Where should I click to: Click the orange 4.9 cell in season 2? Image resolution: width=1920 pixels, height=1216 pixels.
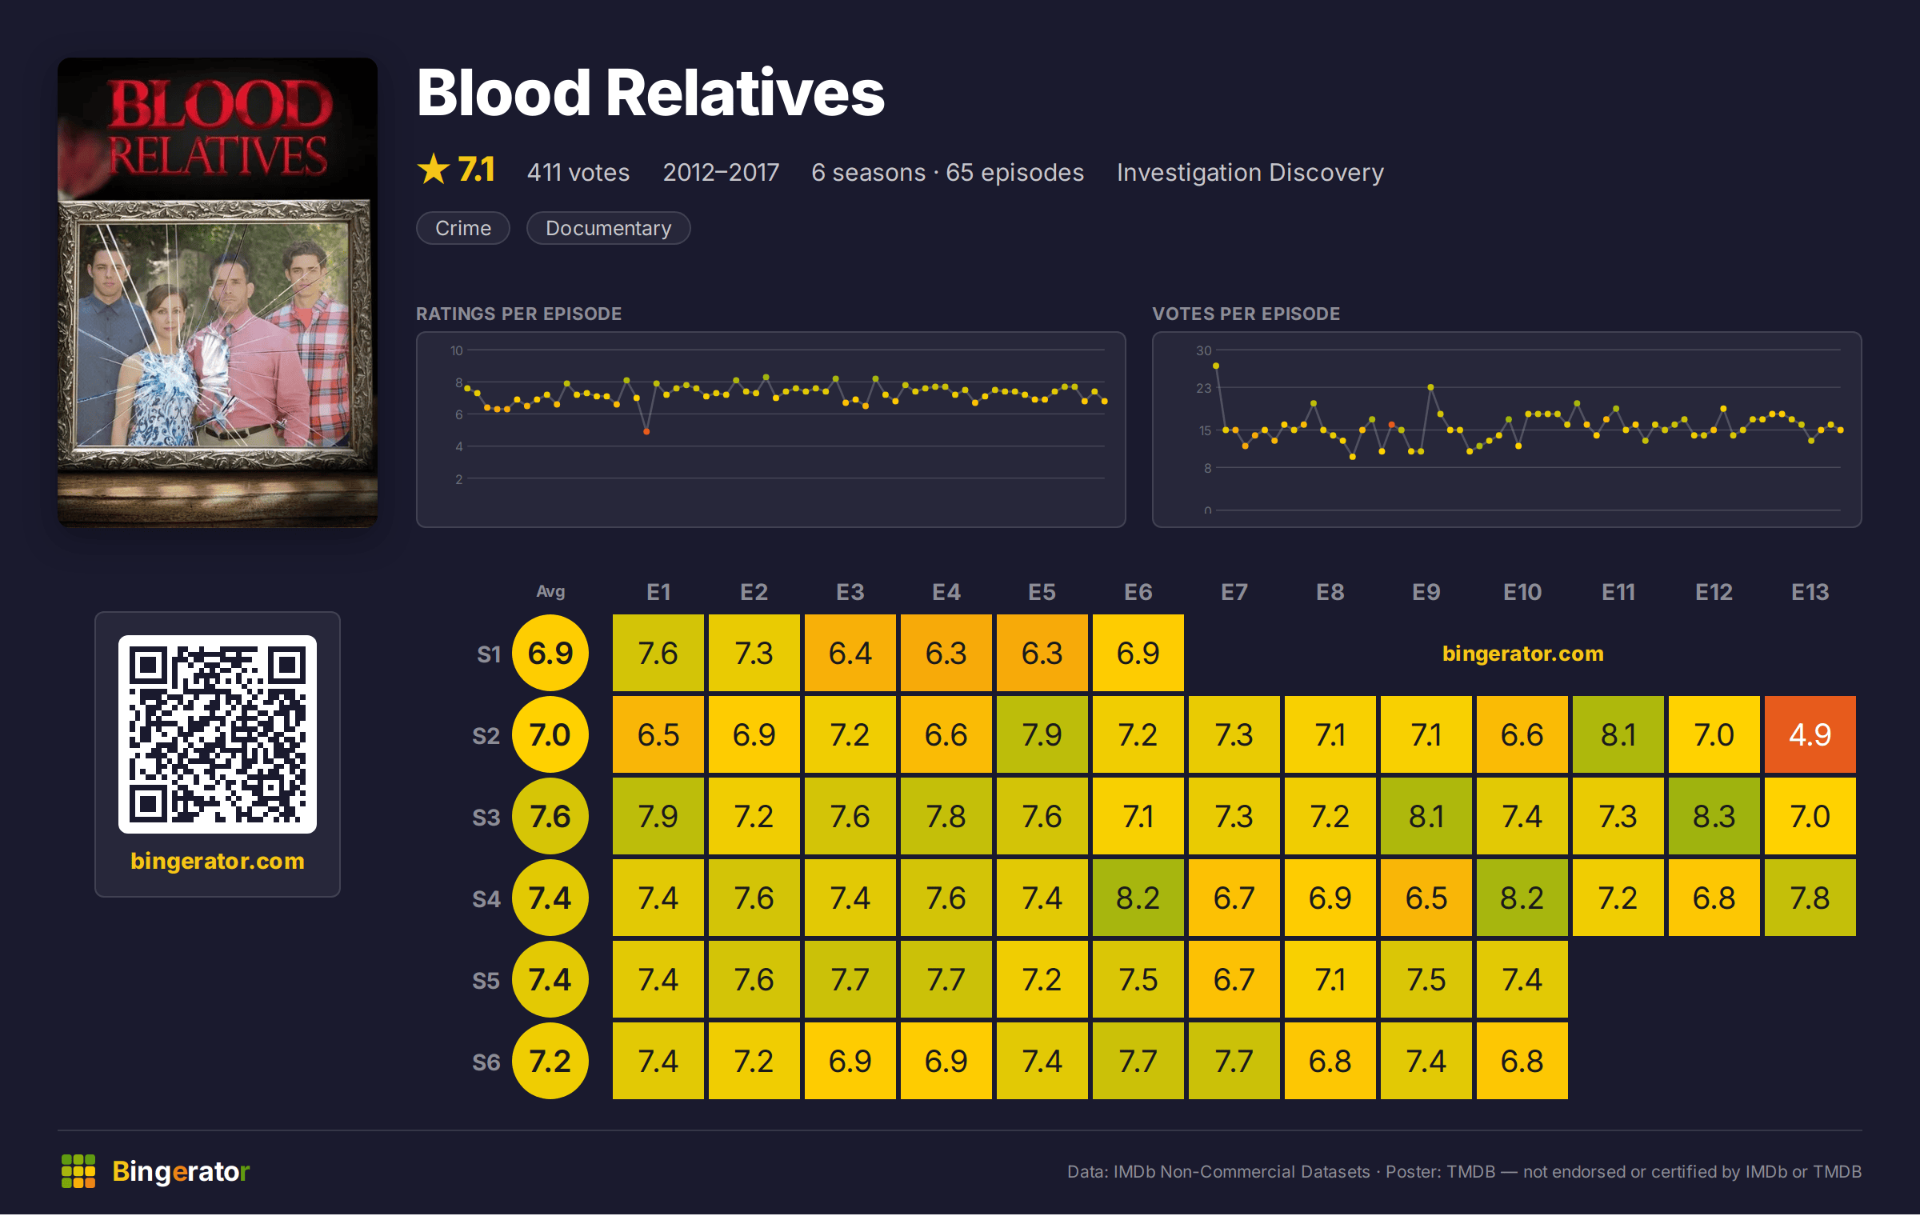tap(1810, 734)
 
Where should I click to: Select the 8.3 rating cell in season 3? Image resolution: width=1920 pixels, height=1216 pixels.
tap(1714, 816)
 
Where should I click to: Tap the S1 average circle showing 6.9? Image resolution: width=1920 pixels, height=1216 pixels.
tap(550, 653)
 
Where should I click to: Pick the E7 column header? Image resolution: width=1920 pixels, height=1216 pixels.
tap(1234, 592)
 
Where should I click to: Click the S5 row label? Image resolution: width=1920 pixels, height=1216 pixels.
tap(486, 981)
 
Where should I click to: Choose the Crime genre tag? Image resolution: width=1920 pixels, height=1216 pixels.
tap(463, 228)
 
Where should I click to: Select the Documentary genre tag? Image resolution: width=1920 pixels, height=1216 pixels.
tap(608, 228)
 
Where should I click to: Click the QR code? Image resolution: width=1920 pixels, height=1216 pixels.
tap(218, 734)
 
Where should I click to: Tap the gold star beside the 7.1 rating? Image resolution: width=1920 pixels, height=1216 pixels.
tap(434, 169)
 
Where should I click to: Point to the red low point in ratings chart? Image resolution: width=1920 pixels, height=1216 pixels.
tap(646, 432)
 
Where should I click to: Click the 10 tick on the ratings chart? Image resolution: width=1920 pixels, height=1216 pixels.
tap(457, 350)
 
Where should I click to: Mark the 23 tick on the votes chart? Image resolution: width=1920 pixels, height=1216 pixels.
tap(1203, 388)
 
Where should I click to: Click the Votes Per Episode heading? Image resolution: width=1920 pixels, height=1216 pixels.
tap(1246, 314)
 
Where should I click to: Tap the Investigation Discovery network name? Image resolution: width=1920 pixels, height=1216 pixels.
tap(1250, 172)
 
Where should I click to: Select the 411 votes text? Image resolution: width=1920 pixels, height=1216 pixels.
tap(578, 172)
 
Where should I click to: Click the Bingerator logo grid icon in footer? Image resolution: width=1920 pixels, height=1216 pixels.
tap(78, 1171)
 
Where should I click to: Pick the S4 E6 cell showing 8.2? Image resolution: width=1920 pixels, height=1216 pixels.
tap(1138, 898)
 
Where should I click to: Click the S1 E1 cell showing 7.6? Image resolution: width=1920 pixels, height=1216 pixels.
tap(658, 653)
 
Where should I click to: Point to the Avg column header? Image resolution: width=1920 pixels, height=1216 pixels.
tap(550, 592)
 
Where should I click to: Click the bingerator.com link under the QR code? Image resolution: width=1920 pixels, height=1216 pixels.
tap(218, 861)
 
